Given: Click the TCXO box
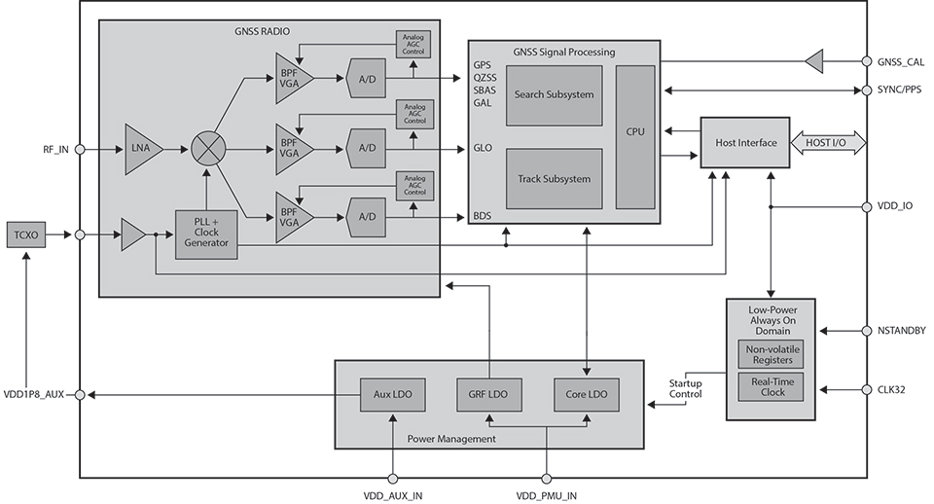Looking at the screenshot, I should point(23,234).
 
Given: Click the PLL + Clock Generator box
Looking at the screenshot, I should point(206,234).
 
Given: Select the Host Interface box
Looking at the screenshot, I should point(746,143).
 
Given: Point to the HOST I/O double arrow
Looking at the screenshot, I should point(825,143).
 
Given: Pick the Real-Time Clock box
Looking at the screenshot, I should point(772,387).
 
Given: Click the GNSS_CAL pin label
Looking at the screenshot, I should point(900,62).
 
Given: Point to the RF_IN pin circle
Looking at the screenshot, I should point(80,150).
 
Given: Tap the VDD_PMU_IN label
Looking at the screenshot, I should point(546,495).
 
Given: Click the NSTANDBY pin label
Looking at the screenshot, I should point(902,331).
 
